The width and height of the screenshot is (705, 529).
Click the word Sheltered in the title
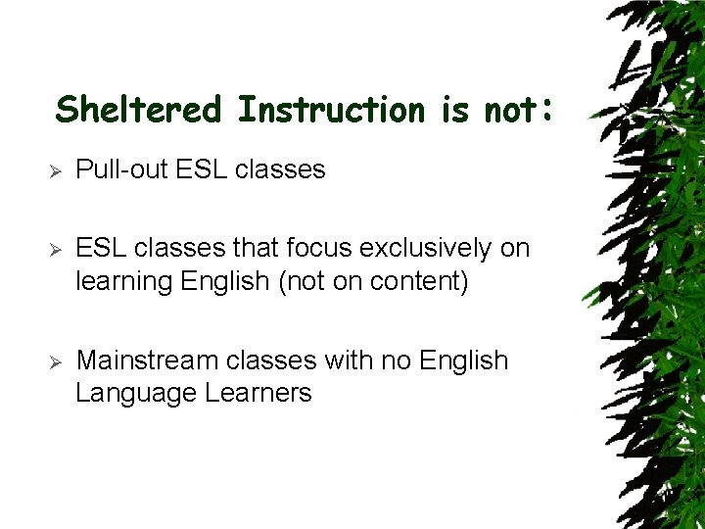[139, 109]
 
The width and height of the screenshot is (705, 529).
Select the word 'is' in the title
[455, 109]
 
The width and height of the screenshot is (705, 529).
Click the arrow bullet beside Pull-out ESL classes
[57, 170]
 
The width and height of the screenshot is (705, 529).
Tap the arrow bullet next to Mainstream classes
[57, 361]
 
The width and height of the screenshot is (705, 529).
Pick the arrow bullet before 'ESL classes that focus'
[57, 249]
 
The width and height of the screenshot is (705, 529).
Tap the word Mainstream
[148, 361]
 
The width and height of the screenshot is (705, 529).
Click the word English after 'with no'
[463, 361]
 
